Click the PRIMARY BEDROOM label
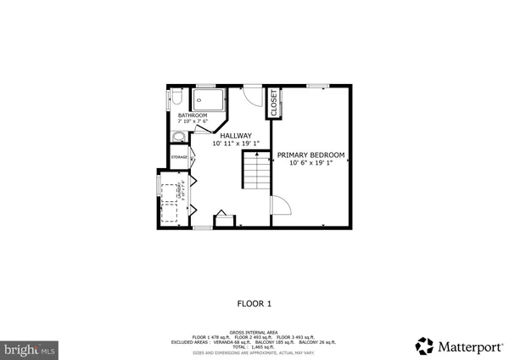tap(311, 155)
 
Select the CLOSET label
tap(274, 104)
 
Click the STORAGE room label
tap(179, 157)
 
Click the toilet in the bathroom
tap(167, 100)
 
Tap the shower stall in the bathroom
tap(210, 104)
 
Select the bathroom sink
tap(179, 138)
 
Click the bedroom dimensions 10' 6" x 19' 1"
tap(311, 163)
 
